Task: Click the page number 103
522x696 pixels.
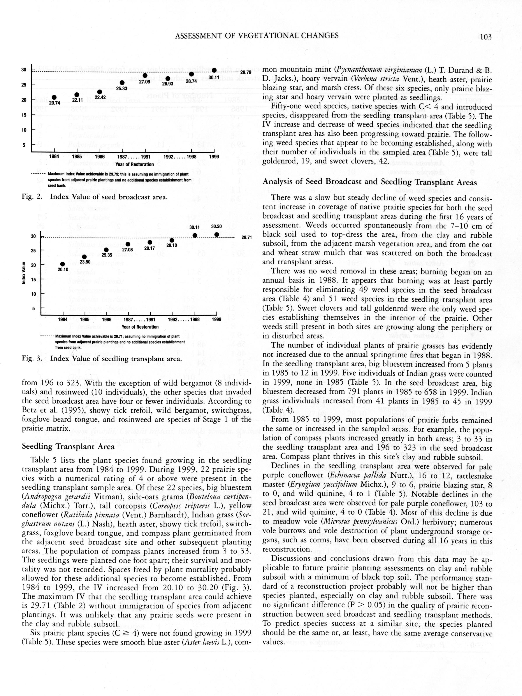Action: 485,37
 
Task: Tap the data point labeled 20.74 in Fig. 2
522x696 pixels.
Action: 54,98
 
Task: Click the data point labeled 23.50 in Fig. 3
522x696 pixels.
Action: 84,257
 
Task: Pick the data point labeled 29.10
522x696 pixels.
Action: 172,240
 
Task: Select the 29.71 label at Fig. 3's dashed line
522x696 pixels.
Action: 247,237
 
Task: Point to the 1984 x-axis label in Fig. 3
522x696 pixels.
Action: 63,319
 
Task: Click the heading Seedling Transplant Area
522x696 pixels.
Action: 68,446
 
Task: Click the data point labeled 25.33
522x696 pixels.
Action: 122,83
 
